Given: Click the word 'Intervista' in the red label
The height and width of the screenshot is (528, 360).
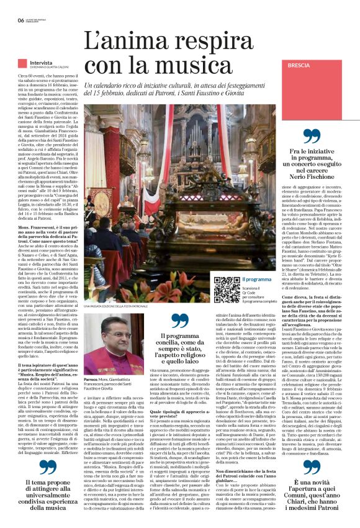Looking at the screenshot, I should [41, 63].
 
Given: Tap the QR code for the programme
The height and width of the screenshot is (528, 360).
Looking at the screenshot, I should [226, 289].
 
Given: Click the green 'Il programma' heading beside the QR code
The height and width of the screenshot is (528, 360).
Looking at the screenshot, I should [256, 280].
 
